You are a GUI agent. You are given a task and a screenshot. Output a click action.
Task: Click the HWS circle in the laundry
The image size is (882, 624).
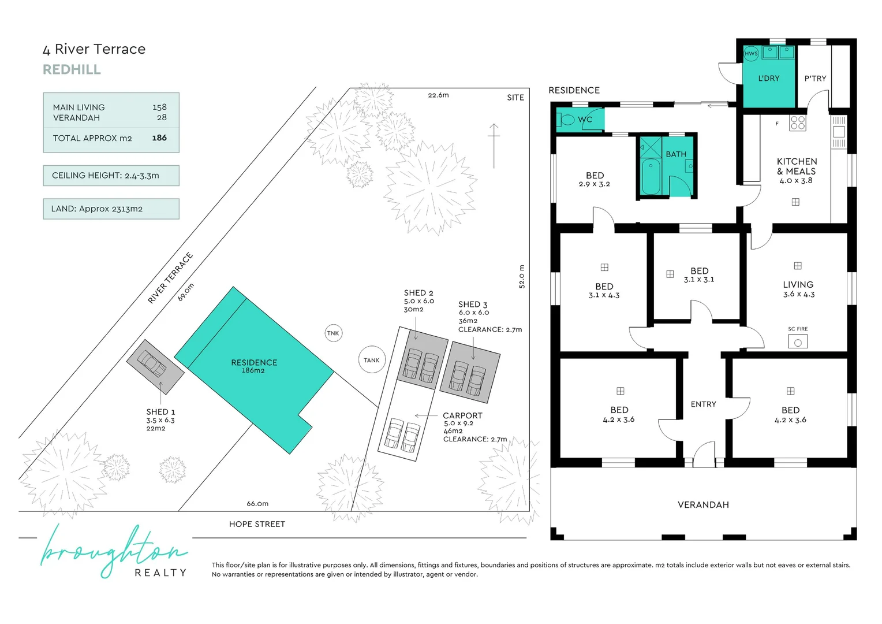tap(751, 54)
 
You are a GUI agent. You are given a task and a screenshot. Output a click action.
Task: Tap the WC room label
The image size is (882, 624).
tap(585, 120)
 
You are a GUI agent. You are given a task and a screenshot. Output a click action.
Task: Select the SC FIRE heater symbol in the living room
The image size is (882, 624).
tap(798, 341)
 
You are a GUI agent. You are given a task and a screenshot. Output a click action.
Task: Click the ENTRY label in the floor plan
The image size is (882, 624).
tap(703, 404)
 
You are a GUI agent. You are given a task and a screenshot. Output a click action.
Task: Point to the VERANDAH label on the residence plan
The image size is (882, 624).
tap(703, 504)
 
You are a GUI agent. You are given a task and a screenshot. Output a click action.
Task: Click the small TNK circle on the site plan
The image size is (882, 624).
tap(333, 333)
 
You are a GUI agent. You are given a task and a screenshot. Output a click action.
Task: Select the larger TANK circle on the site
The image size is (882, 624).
tap(372, 360)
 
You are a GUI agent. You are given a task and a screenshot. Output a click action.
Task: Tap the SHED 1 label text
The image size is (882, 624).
tap(160, 412)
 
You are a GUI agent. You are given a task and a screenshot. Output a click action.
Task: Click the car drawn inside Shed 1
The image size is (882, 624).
tap(152, 363)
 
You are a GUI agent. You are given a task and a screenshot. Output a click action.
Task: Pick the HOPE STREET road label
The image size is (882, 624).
tap(257, 524)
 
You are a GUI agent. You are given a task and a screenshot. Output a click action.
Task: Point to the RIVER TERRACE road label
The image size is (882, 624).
tap(170, 278)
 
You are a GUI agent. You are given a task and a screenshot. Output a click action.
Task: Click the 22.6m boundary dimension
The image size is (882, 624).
tap(438, 95)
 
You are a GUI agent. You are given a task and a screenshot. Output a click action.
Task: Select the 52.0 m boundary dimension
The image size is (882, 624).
tap(522, 276)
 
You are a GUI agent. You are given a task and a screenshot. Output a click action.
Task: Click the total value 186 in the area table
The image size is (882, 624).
tap(159, 138)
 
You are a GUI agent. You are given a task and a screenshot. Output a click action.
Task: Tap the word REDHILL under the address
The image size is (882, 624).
tap(72, 69)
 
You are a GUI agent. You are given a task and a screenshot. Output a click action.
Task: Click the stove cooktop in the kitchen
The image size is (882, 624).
tap(798, 122)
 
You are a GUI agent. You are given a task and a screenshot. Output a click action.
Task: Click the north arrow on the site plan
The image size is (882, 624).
tap(494, 146)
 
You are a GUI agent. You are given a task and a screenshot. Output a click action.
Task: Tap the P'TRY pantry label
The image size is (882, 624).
tap(815, 79)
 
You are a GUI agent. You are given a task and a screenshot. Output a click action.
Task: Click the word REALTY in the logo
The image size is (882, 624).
tap(160, 573)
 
